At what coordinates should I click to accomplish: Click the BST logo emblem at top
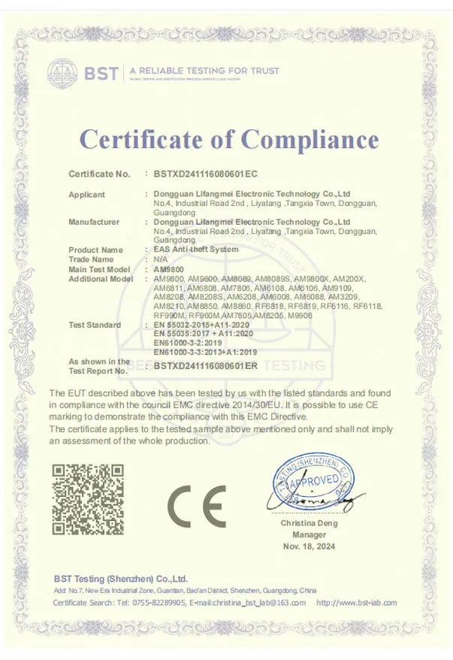click(62, 73)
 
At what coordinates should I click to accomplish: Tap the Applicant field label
click(87, 195)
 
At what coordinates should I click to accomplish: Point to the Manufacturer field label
click(94, 222)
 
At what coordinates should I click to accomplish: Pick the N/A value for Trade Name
click(159, 259)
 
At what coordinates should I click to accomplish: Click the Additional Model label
click(100, 279)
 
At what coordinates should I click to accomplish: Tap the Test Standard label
click(95, 325)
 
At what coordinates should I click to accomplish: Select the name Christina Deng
click(309, 523)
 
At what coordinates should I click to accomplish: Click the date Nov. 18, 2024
click(309, 546)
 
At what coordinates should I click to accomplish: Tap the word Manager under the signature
click(309, 534)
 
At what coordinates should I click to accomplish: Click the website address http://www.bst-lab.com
click(356, 603)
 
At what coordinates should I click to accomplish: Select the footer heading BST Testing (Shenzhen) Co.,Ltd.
click(120, 579)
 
